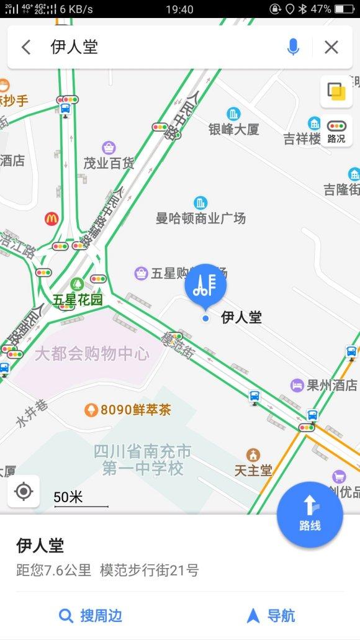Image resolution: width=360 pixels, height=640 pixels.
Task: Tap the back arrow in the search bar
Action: tap(26, 47)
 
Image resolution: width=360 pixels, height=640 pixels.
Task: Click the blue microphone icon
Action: tap(294, 47)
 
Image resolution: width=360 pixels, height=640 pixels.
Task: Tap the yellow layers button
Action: tap(336, 92)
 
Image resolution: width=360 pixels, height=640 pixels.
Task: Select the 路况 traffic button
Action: tap(336, 132)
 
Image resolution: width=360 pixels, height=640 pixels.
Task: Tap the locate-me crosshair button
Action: tap(24, 492)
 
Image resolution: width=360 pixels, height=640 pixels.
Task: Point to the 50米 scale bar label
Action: tap(68, 497)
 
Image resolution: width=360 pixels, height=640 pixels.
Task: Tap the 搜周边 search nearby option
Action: tap(91, 616)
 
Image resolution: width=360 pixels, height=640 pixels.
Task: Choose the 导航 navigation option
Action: tap(271, 616)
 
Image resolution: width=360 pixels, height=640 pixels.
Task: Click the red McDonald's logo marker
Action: tap(52, 219)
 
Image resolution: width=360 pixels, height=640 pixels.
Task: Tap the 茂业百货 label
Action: tap(109, 163)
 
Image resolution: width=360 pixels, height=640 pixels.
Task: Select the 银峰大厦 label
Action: tap(233, 129)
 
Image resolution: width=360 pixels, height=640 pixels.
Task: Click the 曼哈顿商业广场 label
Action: tap(200, 218)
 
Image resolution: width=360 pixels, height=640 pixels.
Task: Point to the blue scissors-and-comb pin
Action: tap(206, 286)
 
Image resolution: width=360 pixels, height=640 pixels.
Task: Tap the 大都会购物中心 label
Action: tap(92, 354)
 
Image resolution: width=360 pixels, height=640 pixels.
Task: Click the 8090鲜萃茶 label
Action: tap(127, 410)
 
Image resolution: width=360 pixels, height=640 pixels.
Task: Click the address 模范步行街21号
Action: tap(150, 570)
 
